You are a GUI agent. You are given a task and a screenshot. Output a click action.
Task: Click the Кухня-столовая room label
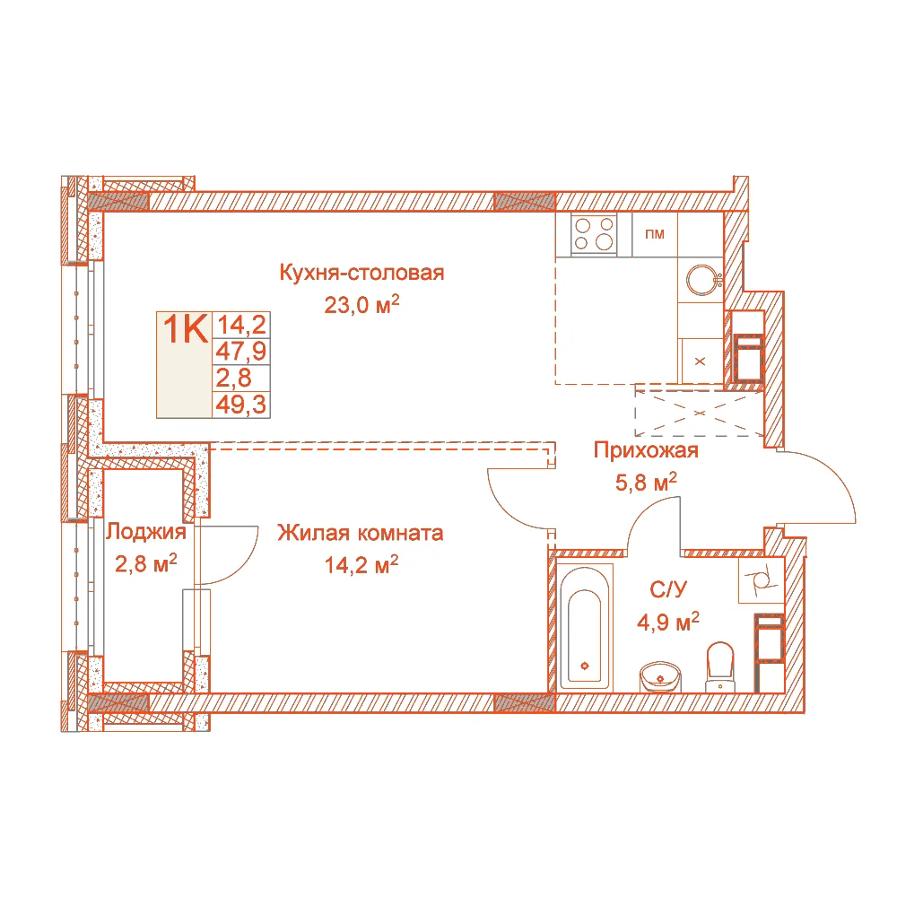361,273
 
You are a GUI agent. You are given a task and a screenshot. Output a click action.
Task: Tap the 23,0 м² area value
361,304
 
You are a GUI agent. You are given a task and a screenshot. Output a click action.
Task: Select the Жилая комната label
361,533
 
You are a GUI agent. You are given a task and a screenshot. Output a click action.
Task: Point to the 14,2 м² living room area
361,564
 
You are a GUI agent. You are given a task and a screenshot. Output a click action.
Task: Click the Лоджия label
146,532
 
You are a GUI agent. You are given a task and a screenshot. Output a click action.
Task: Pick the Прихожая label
646,450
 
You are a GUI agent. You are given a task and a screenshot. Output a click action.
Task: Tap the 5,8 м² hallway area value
646,482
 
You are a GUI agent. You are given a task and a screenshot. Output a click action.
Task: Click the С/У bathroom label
667,589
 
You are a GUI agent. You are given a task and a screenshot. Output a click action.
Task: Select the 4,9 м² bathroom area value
667,621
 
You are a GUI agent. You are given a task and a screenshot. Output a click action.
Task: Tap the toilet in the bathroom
721,666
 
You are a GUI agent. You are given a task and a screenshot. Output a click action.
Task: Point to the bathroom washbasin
660,676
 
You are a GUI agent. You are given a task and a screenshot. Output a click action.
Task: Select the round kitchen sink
702,280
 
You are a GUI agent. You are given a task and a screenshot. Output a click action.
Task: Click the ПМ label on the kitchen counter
655,234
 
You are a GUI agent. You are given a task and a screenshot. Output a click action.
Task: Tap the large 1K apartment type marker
184,328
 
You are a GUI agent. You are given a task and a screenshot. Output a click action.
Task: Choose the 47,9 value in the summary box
240,352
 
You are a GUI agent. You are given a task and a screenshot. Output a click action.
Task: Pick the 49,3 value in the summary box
240,405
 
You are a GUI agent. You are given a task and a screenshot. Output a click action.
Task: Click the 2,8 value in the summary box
233,379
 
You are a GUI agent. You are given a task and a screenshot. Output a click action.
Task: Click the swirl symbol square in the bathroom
760,580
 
